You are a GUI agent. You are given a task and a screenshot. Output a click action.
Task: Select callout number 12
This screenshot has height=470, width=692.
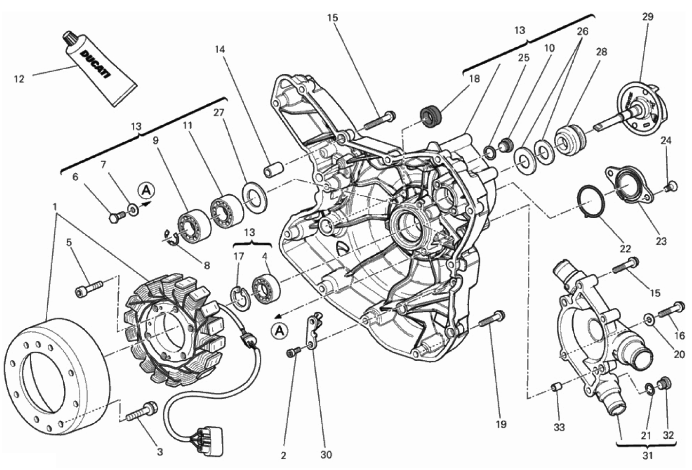click(x=19, y=78)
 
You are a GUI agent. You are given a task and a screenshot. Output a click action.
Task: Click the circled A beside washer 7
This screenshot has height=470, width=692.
click(x=145, y=190)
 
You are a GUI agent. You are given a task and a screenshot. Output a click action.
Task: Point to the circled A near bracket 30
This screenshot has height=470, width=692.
click(x=280, y=331)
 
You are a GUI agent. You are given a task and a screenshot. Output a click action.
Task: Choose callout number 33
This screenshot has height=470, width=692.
click(x=559, y=427)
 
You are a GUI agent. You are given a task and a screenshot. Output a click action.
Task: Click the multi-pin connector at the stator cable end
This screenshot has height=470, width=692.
click(x=209, y=436)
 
